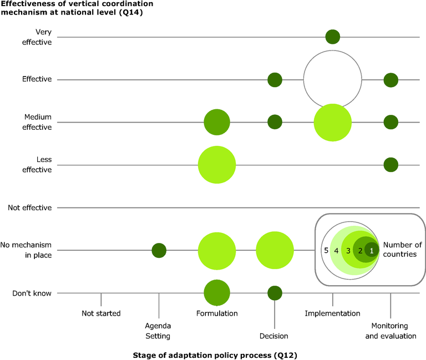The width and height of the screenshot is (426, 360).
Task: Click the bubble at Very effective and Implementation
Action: pyautogui.click(x=332, y=37)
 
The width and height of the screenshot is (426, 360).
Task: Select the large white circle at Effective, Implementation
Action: pyautogui.click(x=332, y=79)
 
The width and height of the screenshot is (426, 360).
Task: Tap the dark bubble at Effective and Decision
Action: pyautogui.click(x=275, y=80)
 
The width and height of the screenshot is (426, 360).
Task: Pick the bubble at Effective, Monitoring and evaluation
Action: pyautogui.click(x=390, y=80)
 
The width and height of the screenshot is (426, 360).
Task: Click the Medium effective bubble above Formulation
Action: pyautogui.click(x=217, y=123)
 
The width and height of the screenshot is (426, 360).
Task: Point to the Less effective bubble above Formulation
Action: pyautogui.click(x=217, y=165)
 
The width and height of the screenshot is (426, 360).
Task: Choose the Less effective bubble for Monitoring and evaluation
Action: pyautogui.click(x=390, y=165)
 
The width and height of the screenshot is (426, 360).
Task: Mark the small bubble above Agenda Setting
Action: pyautogui.click(x=159, y=250)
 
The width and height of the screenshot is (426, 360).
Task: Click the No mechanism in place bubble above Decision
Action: pyautogui.click(x=275, y=250)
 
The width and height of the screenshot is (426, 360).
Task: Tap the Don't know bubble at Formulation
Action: pyautogui.click(x=217, y=293)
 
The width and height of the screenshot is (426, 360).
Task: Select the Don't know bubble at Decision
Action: pyautogui.click(x=275, y=293)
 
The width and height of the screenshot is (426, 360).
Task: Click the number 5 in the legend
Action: pyautogui.click(x=326, y=251)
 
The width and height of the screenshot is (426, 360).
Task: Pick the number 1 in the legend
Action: pyautogui.click(x=372, y=251)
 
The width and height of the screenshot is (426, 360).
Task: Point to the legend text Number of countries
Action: pyautogui.click(x=402, y=250)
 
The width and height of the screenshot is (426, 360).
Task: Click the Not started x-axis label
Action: pyautogui.click(x=101, y=313)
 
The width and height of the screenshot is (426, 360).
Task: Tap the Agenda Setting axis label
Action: pyautogui.click(x=159, y=331)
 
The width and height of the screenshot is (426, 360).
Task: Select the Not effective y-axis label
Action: pyautogui.click(x=30, y=207)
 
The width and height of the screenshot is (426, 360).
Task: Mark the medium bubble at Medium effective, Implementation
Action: pyautogui.click(x=332, y=123)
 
